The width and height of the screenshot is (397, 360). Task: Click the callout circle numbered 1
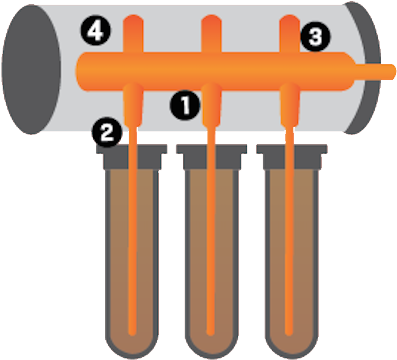coord(185,105)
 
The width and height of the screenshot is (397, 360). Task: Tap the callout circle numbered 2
coord(106,132)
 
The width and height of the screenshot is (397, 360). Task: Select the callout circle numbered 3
coord(315,38)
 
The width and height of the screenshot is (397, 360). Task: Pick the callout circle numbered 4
coord(95,31)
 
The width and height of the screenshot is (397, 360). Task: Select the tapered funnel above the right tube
coord(290,103)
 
